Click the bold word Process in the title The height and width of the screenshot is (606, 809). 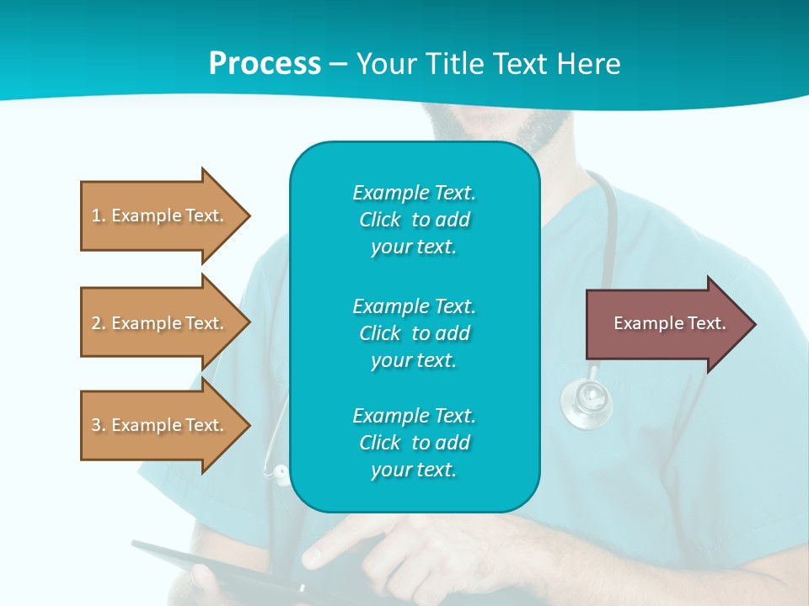click(x=265, y=64)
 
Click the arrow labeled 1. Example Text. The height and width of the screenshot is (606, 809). click(x=160, y=215)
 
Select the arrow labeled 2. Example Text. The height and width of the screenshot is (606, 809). click(x=160, y=323)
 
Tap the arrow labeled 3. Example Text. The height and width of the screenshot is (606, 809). click(x=160, y=425)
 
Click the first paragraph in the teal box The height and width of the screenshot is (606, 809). click(x=414, y=220)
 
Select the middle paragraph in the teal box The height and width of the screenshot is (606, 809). click(x=414, y=332)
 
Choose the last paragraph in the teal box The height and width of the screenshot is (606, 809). click(x=414, y=443)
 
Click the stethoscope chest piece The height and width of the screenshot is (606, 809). click(x=587, y=401)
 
